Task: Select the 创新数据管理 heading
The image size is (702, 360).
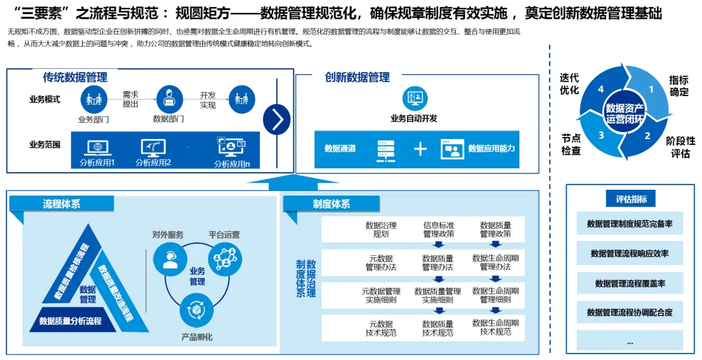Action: pos(357,77)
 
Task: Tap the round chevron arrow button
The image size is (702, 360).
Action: pos(277,119)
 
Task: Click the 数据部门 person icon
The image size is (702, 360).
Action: pos(169,99)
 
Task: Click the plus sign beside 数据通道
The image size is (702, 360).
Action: pos(421,149)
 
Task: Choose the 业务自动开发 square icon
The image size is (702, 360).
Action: pos(414,98)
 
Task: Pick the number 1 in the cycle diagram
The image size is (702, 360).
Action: pos(650,90)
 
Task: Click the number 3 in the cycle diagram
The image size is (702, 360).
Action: pos(601,135)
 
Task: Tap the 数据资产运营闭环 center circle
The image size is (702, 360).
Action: pos(625,114)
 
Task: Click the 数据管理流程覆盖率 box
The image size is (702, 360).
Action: pos(630,283)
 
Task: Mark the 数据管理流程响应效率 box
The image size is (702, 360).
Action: pos(630,253)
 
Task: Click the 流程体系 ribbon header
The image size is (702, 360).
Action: pos(62,204)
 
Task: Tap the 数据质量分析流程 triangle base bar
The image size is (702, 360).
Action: pos(70,320)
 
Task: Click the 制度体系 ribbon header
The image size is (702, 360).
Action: pos(331,204)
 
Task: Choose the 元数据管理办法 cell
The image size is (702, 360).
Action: pos(381,262)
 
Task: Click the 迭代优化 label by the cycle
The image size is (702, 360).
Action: pos(569,84)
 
